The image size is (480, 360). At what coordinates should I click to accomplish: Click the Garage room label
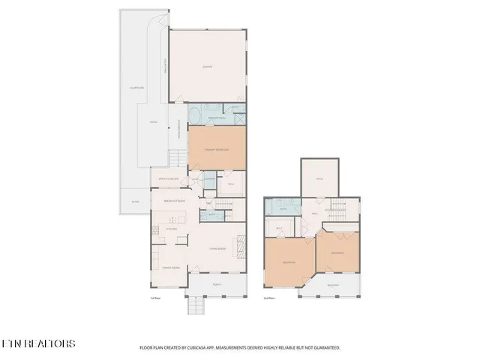(x=207, y=67)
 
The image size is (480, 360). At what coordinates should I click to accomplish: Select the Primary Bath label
(x=217, y=118)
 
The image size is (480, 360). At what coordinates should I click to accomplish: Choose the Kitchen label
(x=171, y=229)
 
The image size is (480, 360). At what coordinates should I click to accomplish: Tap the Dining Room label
(x=171, y=268)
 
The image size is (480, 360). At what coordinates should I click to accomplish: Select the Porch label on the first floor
(x=217, y=284)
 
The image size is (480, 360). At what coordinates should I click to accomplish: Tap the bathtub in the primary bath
(x=194, y=117)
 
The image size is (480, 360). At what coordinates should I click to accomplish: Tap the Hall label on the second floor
(x=316, y=212)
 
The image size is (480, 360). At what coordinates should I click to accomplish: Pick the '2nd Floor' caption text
(x=268, y=298)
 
